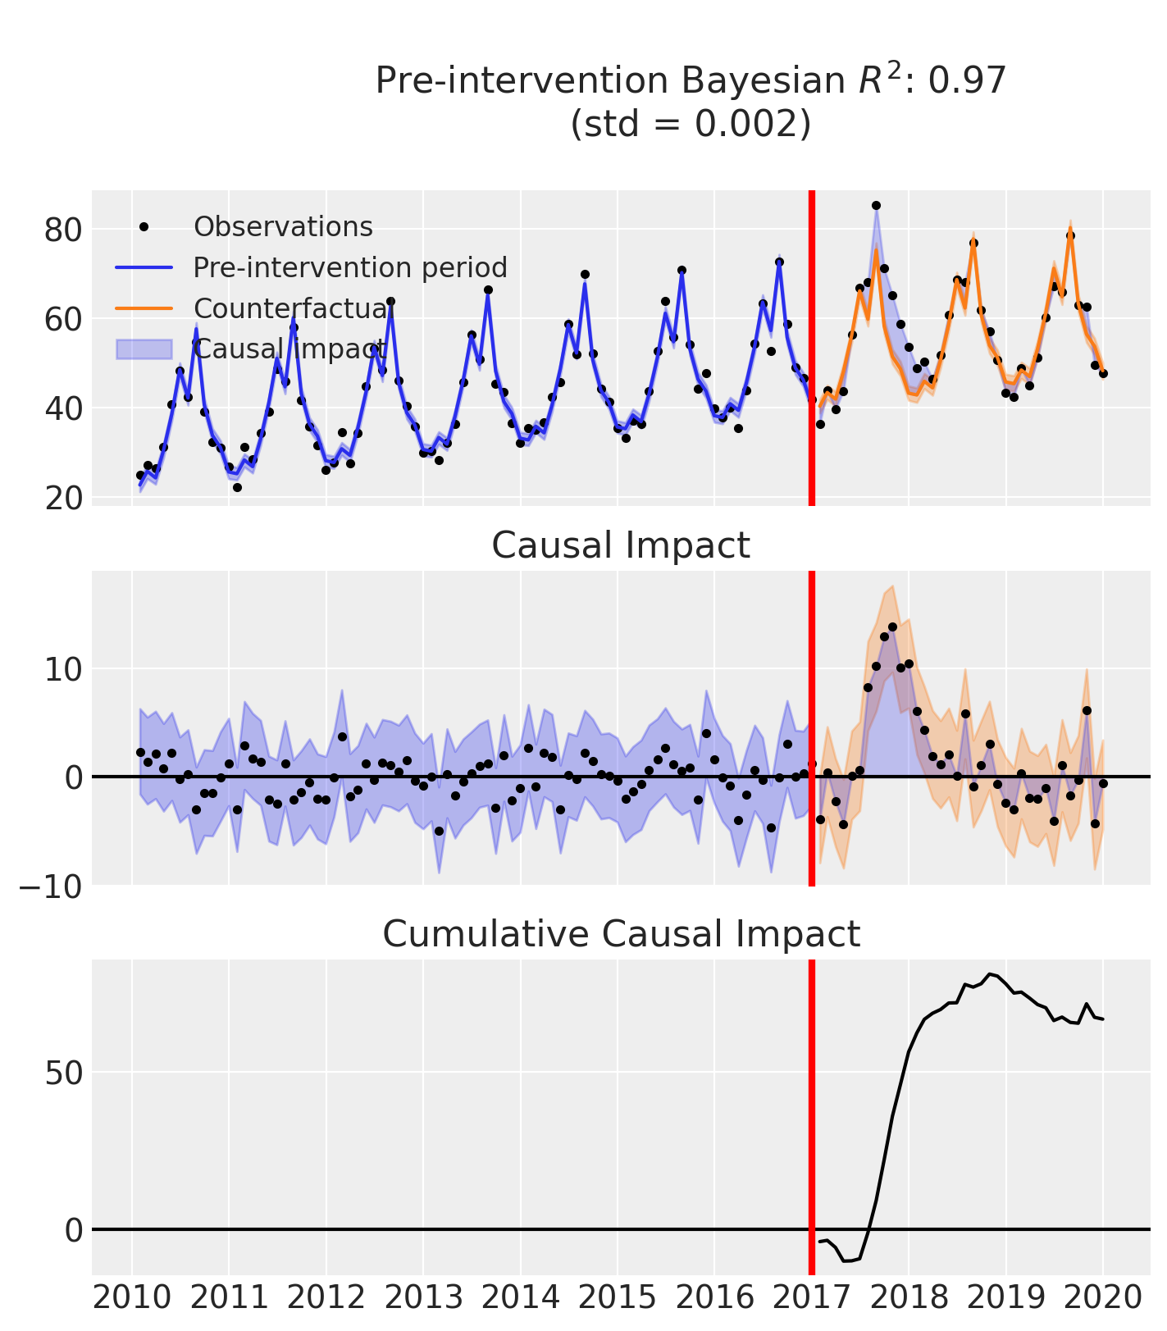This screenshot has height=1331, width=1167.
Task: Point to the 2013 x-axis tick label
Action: (423, 1298)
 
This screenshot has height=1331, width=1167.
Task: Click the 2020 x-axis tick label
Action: (1102, 1298)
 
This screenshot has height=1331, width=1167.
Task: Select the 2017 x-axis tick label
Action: (811, 1298)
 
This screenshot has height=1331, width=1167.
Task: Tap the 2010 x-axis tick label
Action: (132, 1298)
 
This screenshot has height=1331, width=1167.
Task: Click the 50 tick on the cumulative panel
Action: (63, 1073)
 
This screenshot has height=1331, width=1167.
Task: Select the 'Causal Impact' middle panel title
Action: (620, 545)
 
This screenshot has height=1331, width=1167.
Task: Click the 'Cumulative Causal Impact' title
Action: (620, 934)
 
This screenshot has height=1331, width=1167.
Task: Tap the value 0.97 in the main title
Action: (967, 81)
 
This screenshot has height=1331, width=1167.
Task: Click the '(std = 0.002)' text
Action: (691, 124)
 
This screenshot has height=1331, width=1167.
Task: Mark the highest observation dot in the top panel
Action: (876, 206)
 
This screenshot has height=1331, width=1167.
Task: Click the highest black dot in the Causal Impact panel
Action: (892, 627)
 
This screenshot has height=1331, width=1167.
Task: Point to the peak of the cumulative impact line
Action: (990, 973)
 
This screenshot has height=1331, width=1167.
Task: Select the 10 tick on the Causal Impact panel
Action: (63, 669)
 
